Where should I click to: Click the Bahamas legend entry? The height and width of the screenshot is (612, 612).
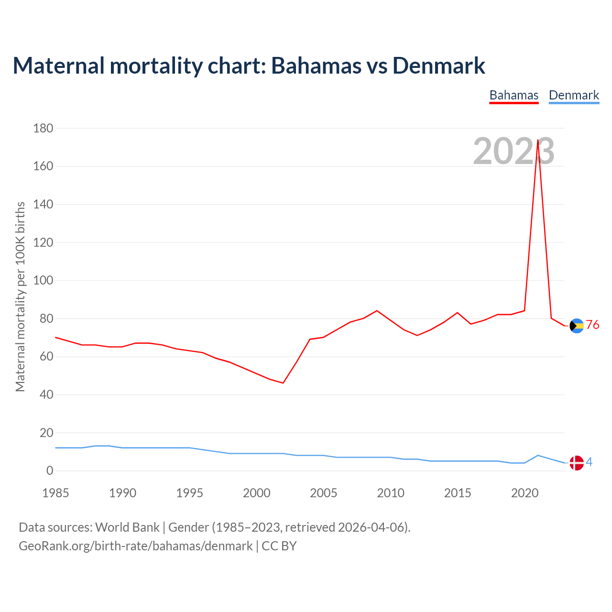click(514, 95)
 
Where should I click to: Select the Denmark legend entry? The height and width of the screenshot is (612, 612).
click(574, 95)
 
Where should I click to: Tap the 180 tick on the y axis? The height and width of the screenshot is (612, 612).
click(43, 128)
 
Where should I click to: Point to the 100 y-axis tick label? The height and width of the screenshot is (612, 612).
click(43, 280)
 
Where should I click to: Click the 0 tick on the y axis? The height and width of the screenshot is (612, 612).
click(50, 471)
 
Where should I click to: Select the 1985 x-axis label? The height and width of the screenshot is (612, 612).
click(55, 493)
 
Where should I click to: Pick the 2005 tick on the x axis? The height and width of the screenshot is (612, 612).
click(324, 493)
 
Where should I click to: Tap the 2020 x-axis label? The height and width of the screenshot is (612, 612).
click(525, 493)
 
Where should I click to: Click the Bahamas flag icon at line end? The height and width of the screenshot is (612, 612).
click(577, 326)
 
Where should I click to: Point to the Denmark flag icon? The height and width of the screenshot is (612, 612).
click(577, 463)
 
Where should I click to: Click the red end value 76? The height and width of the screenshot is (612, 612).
click(592, 325)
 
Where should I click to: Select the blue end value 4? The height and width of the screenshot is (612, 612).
click(589, 462)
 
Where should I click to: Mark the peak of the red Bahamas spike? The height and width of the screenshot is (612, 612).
click(538, 141)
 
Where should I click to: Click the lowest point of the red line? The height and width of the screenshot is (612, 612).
click(283, 383)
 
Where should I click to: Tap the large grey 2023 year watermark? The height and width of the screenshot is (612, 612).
click(514, 151)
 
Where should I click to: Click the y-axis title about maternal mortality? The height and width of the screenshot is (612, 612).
click(20, 296)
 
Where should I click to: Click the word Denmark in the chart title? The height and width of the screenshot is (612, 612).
click(438, 66)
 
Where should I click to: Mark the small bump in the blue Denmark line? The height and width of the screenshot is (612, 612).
click(538, 455)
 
